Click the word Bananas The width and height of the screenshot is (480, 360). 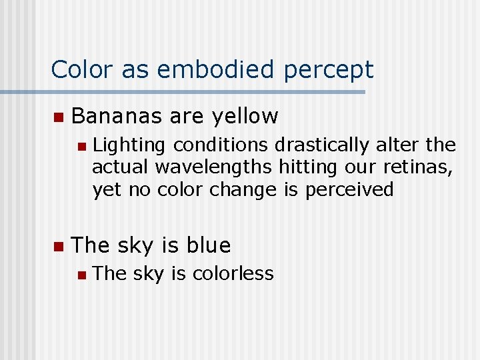click(x=117, y=116)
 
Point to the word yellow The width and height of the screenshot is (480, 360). click(x=244, y=117)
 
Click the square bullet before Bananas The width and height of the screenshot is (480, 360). click(x=58, y=117)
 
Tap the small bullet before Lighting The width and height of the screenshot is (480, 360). click(x=81, y=146)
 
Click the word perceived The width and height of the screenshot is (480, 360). click(x=349, y=190)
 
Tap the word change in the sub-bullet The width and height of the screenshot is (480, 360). click(x=244, y=190)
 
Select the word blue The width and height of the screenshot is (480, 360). click(x=209, y=245)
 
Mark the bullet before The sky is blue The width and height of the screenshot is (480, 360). click(x=58, y=247)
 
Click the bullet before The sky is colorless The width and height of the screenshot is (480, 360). click(x=81, y=274)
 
